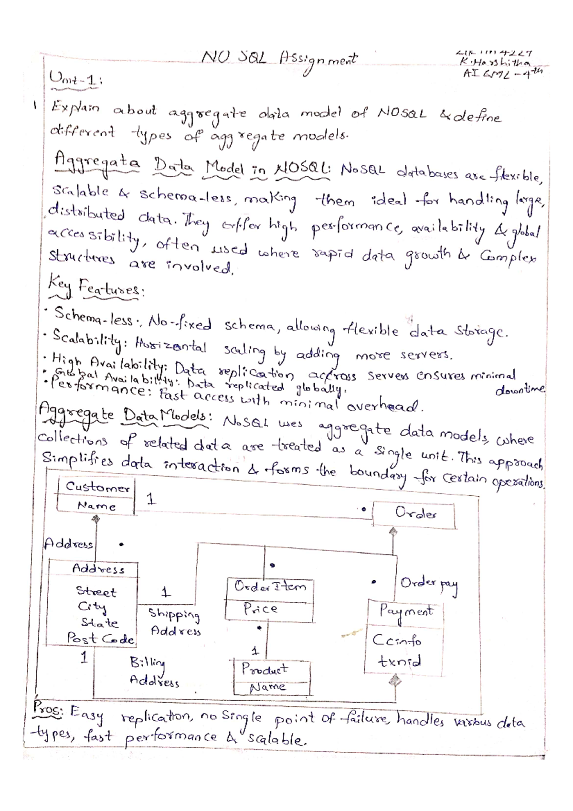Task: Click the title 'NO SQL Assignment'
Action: tap(279, 59)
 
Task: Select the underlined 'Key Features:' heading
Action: tap(95, 288)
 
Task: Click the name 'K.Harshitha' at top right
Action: tap(493, 63)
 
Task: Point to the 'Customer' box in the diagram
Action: tap(97, 488)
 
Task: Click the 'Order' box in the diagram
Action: tap(414, 514)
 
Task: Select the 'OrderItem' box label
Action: tap(270, 587)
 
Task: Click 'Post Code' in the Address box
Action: tap(100, 638)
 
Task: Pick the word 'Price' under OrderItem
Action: tap(260, 609)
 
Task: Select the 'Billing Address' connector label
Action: tap(154, 672)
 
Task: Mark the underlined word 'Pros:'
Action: tap(48, 710)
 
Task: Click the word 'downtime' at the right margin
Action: tap(520, 390)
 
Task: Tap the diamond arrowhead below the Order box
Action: tap(393, 531)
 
